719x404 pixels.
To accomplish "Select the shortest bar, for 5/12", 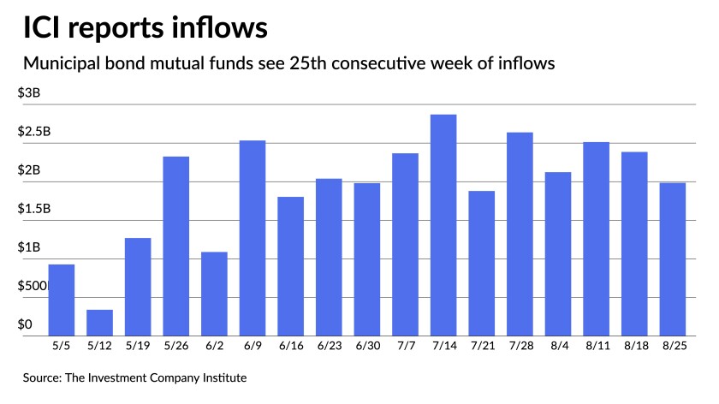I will click(99, 322).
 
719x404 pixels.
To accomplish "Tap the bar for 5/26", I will click(175, 246).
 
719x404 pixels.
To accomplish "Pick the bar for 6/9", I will click(252, 237).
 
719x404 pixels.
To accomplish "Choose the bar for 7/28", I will click(520, 234).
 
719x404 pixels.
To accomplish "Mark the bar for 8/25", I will click(672, 258).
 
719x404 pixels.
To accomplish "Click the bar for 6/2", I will click(214, 293).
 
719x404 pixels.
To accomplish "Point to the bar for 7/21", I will click(481, 263).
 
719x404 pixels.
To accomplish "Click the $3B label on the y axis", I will click(29, 93).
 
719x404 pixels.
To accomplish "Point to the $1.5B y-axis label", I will click(34, 209).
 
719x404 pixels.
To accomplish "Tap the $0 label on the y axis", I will click(26, 324).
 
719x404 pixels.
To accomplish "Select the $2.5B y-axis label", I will click(34, 132).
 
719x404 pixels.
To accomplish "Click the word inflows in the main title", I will click(213, 28).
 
